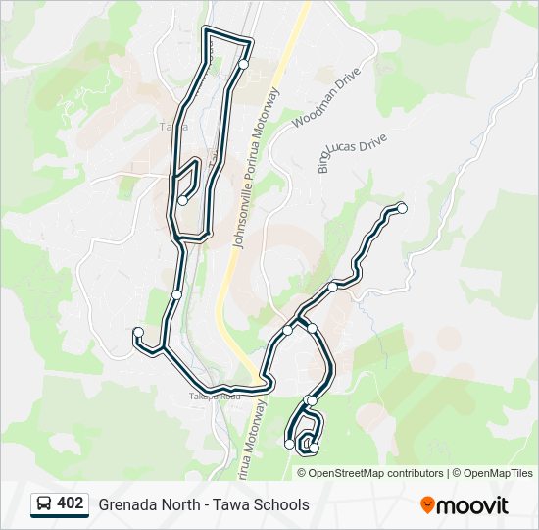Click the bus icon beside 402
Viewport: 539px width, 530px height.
(x=44, y=503)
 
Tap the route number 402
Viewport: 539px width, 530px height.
(x=71, y=503)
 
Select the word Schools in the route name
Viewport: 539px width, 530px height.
(x=282, y=504)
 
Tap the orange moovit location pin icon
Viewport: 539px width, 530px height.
(x=427, y=504)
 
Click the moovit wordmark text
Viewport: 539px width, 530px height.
(x=472, y=504)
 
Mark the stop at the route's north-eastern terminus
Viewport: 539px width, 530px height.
(x=401, y=208)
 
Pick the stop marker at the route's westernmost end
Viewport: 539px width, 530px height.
(x=139, y=332)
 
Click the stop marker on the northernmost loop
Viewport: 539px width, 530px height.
(x=243, y=64)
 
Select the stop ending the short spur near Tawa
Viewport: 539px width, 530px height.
(x=183, y=200)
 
